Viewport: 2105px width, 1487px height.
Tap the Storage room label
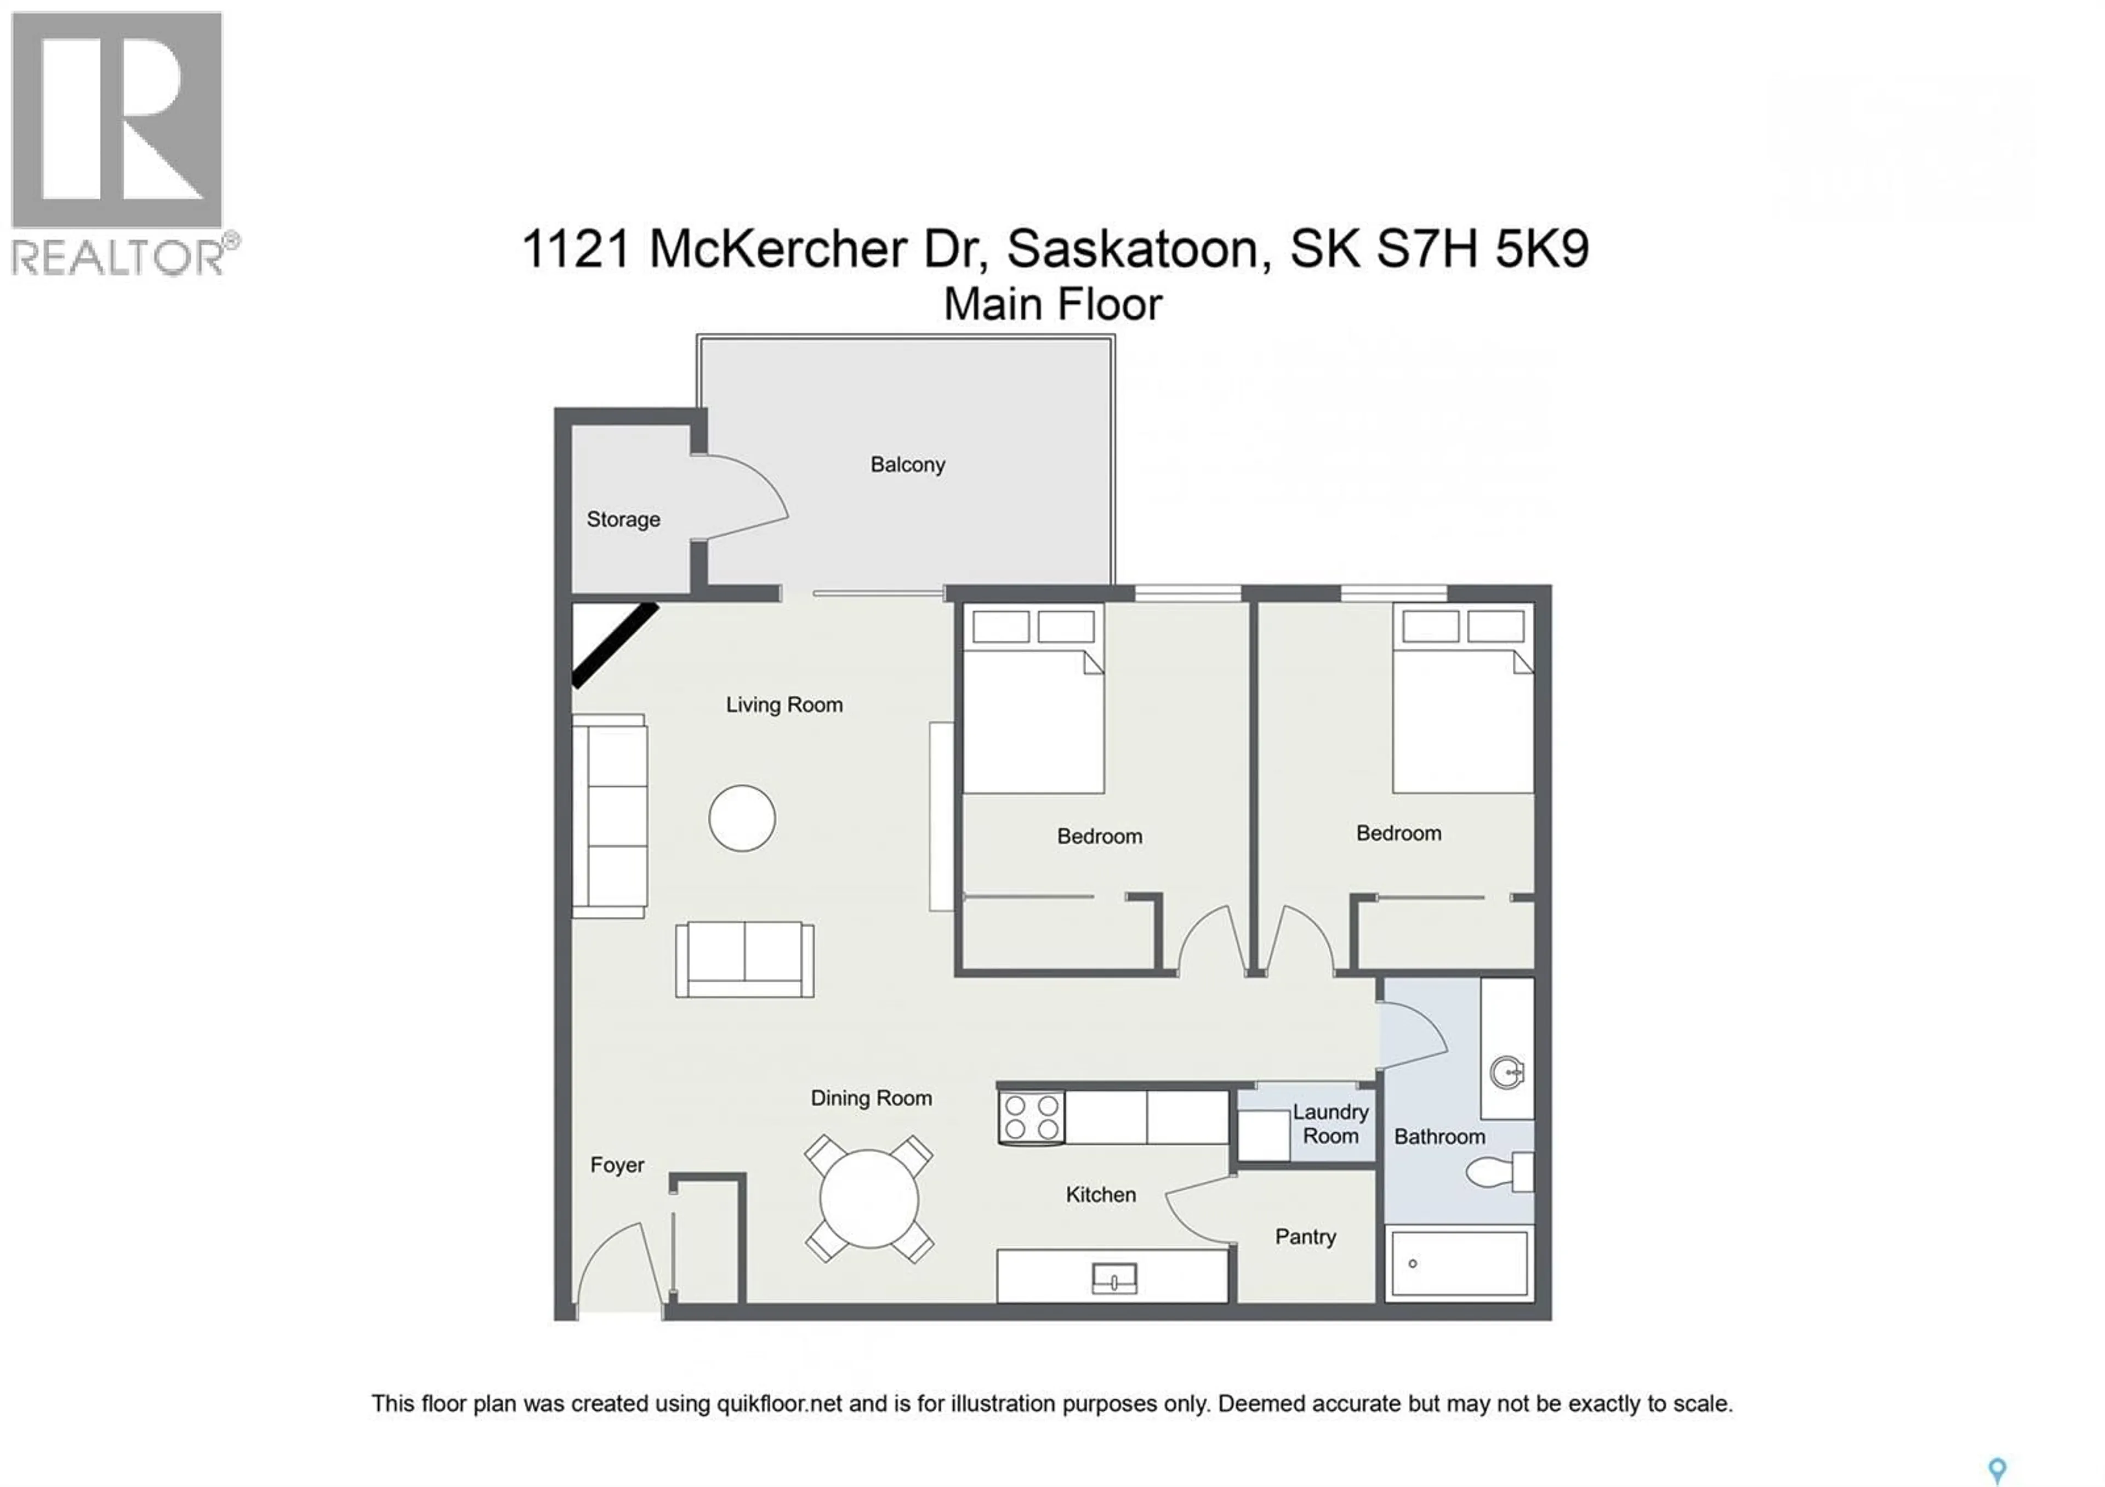point(623,520)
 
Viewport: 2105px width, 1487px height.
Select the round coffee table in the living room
point(742,818)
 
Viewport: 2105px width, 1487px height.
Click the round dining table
point(868,1198)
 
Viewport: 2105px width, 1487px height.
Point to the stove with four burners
point(1032,1117)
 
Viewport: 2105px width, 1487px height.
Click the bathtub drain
point(1413,1263)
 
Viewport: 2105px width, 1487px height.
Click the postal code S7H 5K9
point(1482,249)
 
